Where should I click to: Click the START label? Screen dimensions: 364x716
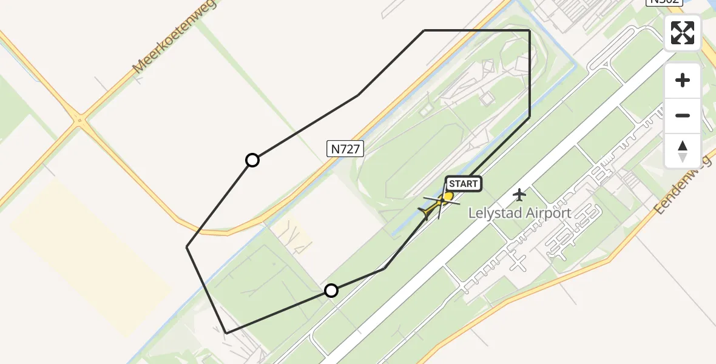464,184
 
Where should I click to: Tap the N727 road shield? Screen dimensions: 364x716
345,149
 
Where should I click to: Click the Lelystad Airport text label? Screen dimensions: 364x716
520,213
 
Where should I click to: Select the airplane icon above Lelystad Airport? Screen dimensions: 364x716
519,195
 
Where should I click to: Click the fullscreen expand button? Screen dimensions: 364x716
683,33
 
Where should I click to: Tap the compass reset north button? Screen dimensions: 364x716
683,150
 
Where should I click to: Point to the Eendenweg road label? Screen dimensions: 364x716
683,184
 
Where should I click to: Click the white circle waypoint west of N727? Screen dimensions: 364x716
252,160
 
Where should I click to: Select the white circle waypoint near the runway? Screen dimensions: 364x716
331,291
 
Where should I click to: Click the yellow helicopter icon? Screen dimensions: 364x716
432,209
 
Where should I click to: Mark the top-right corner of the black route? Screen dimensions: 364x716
530,30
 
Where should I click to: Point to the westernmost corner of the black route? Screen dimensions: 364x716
187,247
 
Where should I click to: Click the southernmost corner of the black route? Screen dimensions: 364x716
226,333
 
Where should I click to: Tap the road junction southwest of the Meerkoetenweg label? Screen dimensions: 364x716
79,121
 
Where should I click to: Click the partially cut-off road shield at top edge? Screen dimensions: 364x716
664,2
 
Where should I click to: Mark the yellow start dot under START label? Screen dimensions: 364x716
448,196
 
